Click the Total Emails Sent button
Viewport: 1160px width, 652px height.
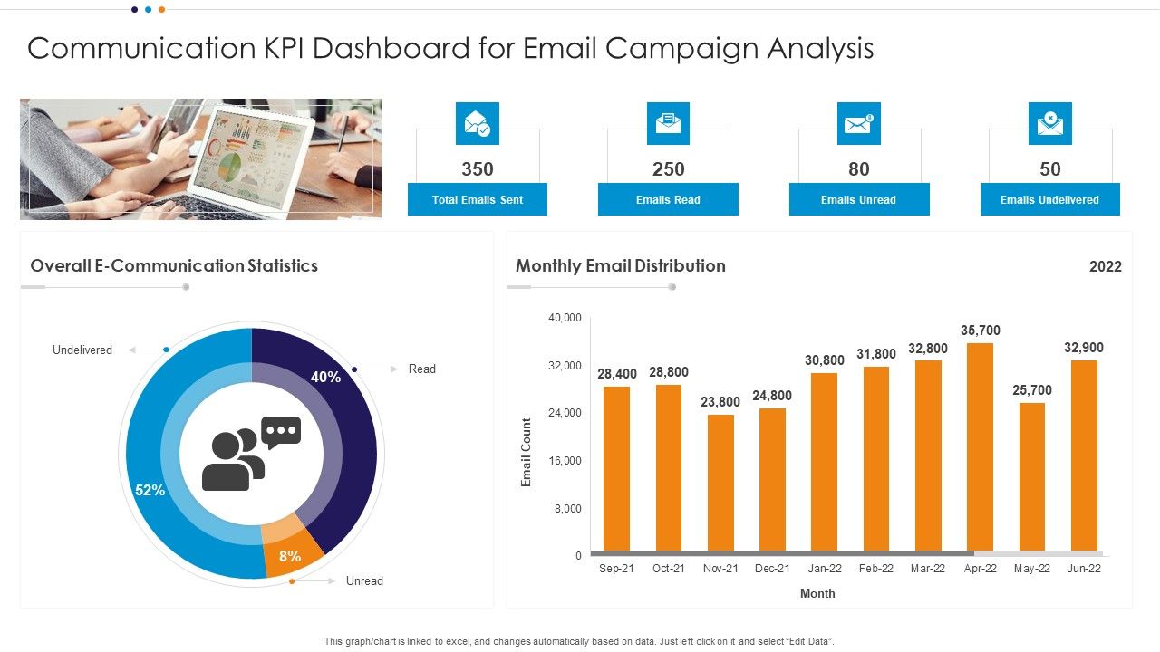coord(478,199)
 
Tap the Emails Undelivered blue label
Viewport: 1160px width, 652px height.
coord(1049,199)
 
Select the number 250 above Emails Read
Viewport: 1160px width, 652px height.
coord(668,169)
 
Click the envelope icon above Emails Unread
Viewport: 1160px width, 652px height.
coord(858,124)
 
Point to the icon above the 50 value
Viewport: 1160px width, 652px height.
coord(1049,124)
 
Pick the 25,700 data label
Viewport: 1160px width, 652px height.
coord(1032,390)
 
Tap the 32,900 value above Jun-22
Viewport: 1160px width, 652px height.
coord(1084,348)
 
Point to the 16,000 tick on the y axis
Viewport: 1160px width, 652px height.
coord(565,461)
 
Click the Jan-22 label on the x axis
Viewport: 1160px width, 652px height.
coord(825,569)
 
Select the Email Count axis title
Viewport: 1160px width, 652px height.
coord(527,453)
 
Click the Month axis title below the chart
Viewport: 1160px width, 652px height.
coord(817,594)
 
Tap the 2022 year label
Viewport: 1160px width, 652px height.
coord(1105,266)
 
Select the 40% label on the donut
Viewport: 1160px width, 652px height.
coord(326,377)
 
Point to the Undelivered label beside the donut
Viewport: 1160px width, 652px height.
coord(82,350)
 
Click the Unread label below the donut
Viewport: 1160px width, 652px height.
coord(364,581)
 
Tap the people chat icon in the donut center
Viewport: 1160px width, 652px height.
coord(251,453)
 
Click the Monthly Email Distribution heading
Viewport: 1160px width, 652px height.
coord(621,266)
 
